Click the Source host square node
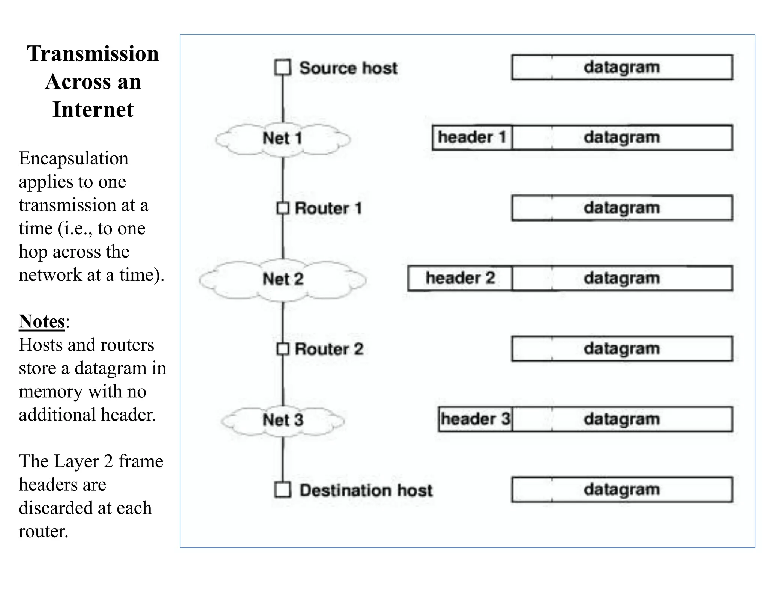tap(283, 68)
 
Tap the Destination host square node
tap(283, 490)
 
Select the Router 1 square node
tap(283, 208)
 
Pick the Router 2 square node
tap(283, 349)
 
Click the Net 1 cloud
tap(283, 139)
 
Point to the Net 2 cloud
tap(283, 279)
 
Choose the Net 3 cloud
tap(283, 420)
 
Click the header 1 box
tap(472, 137)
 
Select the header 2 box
tap(460, 278)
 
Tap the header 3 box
tap(475, 419)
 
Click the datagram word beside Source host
tap(621, 67)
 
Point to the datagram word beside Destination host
tap(621, 490)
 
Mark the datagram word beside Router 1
tap(621, 208)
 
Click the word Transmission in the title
tap(93, 54)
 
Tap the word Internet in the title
tap(93, 110)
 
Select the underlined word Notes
tap(42, 322)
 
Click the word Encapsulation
tap(73, 158)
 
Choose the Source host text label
tap(348, 68)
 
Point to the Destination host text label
tap(366, 490)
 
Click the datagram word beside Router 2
tap(621, 349)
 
